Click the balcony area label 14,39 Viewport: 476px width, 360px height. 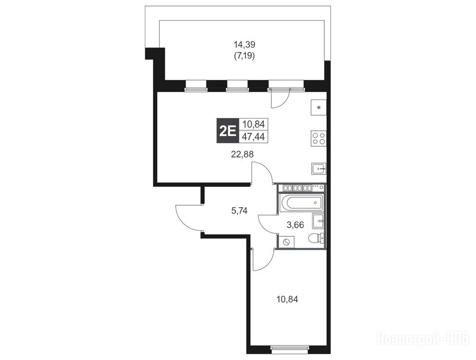tap(245, 45)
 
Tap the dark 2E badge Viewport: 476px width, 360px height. tap(228, 131)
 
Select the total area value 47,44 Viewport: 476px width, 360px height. tap(253, 137)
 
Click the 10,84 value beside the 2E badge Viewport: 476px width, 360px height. tap(253, 124)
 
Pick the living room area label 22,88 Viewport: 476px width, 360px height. tap(242, 154)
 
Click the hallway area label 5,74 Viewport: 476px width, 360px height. tap(239, 210)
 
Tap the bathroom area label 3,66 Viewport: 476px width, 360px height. tap(295, 225)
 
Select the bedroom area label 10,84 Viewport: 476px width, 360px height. tap(287, 299)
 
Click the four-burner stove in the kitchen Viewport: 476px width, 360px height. tap(319, 138)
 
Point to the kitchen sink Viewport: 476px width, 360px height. tap(319, 168)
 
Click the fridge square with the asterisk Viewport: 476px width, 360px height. tap(319, 107)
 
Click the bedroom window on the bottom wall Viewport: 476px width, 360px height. tap(290, 349)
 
